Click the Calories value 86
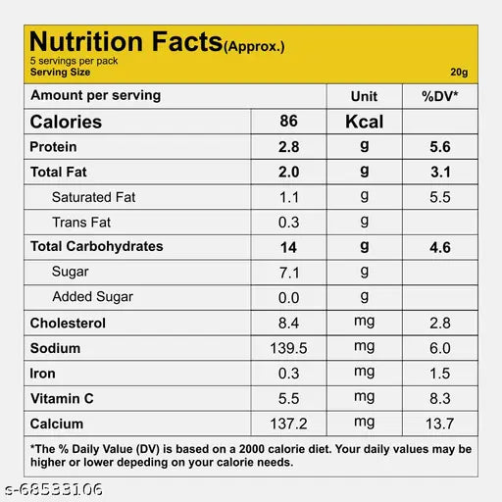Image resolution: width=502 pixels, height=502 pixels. (288, 121)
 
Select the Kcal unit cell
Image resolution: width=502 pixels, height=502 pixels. (365, 122)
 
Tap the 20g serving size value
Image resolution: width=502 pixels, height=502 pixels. (459, 72)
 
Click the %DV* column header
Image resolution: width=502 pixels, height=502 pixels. (440, 96)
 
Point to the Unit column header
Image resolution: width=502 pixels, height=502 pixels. (364, 96)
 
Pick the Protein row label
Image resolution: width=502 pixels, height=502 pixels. (53, 147)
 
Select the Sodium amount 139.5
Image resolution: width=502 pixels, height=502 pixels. (288, 348)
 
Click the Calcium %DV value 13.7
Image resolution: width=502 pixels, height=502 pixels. (440, 424)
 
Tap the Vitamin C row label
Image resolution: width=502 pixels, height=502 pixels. (62, 399)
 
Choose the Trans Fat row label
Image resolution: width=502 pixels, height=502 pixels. (81, 223)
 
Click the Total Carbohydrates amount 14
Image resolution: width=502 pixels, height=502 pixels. (288, 247)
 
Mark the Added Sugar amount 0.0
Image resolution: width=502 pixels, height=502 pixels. (288, 298)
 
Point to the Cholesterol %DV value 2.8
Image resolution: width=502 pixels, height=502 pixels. (440, 324)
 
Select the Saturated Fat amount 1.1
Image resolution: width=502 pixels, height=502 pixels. (288, 197)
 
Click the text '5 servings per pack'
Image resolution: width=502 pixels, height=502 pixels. (74, 61)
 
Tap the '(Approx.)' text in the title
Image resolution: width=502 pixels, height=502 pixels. (254, 47)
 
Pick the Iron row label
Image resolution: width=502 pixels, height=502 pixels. (42, 374)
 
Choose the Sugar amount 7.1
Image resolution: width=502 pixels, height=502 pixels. (289, 273)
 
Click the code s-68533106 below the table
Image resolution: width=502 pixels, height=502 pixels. (53, 489)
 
